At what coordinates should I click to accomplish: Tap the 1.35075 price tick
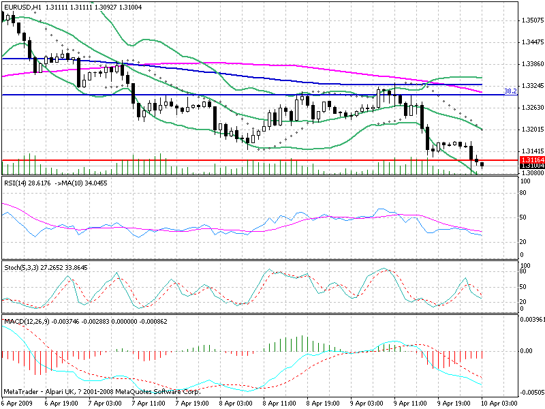tap(531, 20)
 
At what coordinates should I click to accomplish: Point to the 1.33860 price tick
tap(531, 64)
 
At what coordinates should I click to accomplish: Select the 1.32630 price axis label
tap(531, 108)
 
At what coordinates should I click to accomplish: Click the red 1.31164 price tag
tap(531, 159)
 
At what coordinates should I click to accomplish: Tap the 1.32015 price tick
tap(531, 129)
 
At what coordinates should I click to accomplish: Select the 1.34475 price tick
tap(531, 42)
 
